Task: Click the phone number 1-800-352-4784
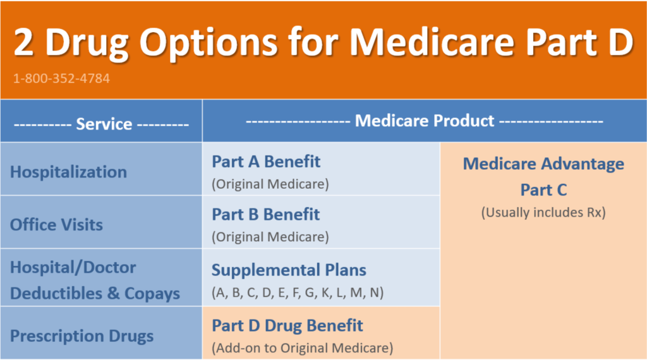61,79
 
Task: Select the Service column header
101,124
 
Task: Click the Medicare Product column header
424,120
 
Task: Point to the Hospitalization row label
68,172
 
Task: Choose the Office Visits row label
56,224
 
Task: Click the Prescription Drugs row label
82,335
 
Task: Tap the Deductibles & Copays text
95,293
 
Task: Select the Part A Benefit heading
266,162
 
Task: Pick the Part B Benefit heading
265,214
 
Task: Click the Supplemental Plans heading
289,270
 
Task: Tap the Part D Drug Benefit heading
287,326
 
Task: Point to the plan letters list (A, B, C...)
298,293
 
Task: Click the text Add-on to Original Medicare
303,347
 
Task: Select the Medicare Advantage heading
543,164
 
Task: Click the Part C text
543,189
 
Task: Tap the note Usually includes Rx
543,213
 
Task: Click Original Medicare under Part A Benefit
270,184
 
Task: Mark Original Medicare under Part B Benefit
270,237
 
